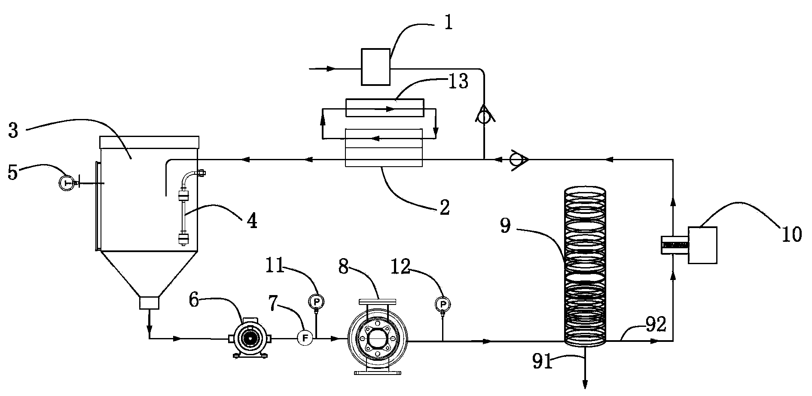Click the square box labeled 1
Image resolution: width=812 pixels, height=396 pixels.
[x=375, y=67]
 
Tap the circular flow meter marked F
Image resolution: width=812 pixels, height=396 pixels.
[x=305, y=338]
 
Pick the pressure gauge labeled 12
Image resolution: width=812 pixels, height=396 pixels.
[x=442, y=305]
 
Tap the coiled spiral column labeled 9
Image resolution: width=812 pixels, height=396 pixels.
[x=585, y=266]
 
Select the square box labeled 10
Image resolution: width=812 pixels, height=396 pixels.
[x=702, y=245]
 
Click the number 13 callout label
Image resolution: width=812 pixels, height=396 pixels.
[x=458, y=81]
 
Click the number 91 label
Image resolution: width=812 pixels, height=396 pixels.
[x=542, y=362]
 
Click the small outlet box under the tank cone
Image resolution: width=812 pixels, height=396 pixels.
[x=150, y=303]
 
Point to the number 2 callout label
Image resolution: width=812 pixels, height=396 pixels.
[x=444, y=207]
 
